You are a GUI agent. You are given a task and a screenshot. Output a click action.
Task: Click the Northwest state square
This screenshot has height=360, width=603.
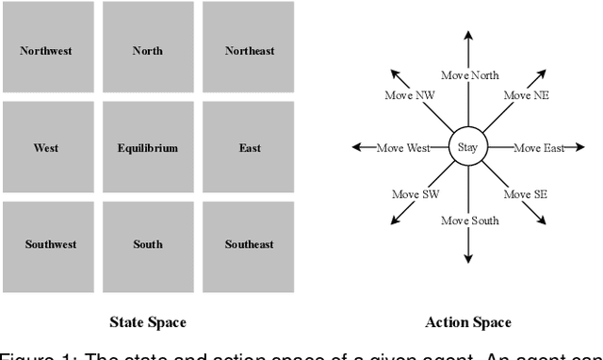tap(46, 51)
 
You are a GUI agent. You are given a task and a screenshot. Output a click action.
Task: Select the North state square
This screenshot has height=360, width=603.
tap(147, 51)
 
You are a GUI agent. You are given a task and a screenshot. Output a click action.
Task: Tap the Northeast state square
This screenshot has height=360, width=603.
tap(249, 51)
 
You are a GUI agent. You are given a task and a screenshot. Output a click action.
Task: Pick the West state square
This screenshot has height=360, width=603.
tap(46, 148)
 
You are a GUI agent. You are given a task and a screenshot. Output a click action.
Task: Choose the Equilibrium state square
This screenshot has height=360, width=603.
tap(147, 148)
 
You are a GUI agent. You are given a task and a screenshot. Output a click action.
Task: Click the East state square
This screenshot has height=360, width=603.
tap(249, 148)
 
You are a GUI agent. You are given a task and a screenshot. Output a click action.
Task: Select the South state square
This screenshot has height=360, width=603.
tap(147, 245)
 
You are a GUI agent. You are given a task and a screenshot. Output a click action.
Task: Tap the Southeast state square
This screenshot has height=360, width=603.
tap(249, 245)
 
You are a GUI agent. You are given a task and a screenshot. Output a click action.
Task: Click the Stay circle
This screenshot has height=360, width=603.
tap(468, 147)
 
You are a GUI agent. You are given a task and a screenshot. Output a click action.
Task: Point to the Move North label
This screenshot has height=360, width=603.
tap(470, 75)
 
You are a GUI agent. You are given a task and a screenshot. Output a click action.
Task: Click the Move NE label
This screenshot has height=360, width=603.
tap(526, 95)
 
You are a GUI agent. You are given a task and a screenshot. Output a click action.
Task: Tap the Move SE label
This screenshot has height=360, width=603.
tap(526, 194)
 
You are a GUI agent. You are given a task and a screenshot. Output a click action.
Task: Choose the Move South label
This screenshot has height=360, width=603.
tap(470, 221)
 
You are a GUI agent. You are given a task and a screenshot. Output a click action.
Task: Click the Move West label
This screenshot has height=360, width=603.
tap(402, 148)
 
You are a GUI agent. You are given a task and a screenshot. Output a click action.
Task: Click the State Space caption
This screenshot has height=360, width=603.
tap(147, 322)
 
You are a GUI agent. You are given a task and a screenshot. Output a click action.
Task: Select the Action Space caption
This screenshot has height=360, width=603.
tap(468, 322)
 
